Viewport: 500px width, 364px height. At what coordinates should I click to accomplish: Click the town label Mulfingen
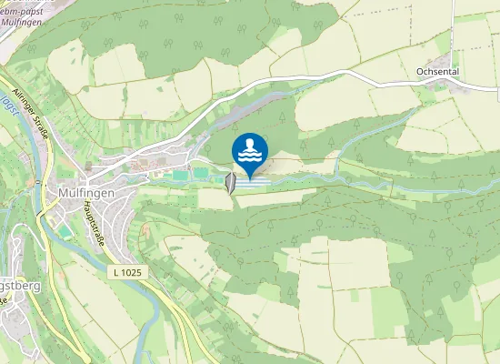[85, 193]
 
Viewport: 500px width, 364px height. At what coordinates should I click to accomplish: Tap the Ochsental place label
[441, 70]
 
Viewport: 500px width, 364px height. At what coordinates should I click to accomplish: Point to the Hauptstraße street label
[90, 221]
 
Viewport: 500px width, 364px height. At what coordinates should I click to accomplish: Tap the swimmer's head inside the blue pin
[250, 143]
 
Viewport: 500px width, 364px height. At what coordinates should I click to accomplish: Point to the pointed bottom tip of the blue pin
[250, 177]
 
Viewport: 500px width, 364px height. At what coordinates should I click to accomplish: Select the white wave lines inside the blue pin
[250, 157]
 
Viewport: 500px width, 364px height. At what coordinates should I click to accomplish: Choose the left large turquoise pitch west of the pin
[182, 173]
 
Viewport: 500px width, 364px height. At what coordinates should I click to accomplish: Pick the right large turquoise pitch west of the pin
[202, 173]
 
